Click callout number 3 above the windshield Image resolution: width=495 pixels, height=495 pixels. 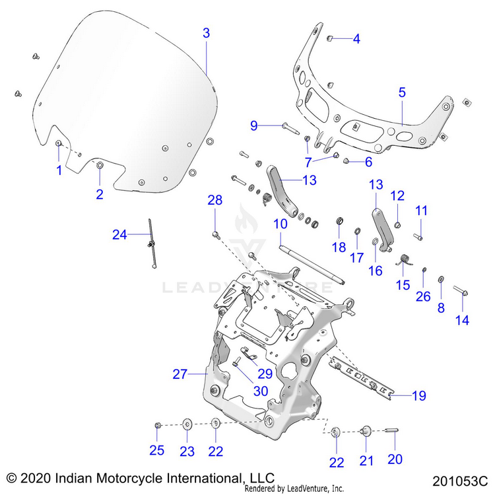click(x=207, y=33)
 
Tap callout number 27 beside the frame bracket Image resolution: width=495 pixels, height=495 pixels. click(x=180, y=374)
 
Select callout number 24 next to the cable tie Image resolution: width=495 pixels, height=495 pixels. click(x=119, y=234)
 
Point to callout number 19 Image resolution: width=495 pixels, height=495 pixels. click(x=419, y=396)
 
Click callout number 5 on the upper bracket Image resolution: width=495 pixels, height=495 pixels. click(x=402, y=92)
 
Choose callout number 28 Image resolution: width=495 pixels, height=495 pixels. click(x=216, y=200)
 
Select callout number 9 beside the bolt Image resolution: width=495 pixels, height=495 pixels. click(x=253, y=125)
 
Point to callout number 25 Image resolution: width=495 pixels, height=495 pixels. click(x=156, y=451)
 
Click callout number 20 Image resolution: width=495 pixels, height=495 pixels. click(x=395, y=459)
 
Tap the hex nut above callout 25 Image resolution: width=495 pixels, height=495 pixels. click(x=158, y=426)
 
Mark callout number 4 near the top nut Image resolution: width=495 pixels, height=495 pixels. click(x=356, y=39)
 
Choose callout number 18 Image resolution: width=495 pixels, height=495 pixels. click(x=339, y=247)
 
